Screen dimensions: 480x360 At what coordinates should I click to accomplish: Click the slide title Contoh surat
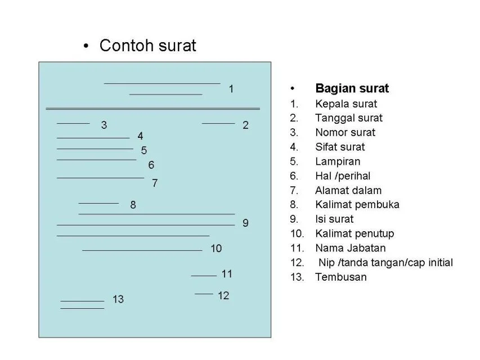point(147,46)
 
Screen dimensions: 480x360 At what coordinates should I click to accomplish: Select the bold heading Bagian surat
point(352,88)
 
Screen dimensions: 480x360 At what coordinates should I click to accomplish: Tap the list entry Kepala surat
point(346,103)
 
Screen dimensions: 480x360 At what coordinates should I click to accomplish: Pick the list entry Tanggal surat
point(349,118)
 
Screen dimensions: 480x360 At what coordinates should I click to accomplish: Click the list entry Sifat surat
point(340,147)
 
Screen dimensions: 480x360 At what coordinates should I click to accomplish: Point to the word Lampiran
point(338,161)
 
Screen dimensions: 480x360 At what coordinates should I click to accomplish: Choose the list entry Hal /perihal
point(343,176)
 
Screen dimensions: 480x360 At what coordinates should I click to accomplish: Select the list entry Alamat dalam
point(348,191)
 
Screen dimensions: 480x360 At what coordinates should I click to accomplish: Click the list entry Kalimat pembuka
point(357,205)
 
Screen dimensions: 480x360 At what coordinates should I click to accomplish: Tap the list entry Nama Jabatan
point(351,248)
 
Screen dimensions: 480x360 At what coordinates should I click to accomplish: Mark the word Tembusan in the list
point(341,277)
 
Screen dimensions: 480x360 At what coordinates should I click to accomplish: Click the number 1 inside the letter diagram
point(231,89)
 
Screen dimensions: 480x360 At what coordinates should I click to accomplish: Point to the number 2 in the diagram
point(245,125)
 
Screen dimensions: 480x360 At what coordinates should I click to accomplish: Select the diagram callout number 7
point(155,183)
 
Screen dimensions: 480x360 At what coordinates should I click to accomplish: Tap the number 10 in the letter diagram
point(216,248)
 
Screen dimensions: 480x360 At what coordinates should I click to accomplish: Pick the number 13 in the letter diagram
point(118,299)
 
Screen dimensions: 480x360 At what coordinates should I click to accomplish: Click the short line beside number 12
point(204,294)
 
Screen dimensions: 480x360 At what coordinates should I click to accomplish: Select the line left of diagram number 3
point(73,123)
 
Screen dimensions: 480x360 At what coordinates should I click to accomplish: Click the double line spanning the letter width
point(152,109)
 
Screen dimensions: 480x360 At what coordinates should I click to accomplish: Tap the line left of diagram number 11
point(204,276)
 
